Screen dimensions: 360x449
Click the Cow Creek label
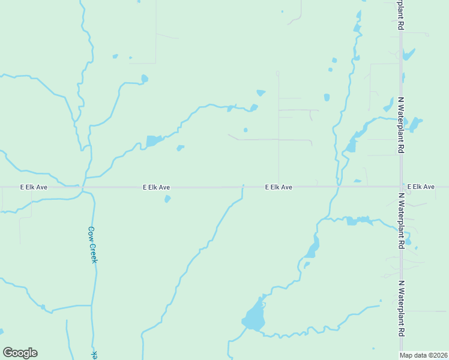(92, 244)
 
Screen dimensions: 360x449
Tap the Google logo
(20, 353)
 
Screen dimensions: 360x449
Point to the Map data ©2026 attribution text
(424, 355)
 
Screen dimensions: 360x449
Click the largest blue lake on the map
(255, 316)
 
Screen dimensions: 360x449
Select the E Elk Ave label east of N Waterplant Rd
(421, 187)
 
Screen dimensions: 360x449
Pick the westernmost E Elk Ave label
(34, 187)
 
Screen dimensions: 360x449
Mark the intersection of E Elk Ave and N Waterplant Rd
(400, 187)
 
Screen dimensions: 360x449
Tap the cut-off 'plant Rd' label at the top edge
(400, 15)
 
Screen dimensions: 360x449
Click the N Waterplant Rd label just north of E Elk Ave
(400, 125)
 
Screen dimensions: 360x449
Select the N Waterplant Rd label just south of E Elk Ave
(400, 221)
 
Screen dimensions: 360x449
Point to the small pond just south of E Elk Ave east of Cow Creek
(167, 199)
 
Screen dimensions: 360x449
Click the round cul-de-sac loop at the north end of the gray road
(277, 73)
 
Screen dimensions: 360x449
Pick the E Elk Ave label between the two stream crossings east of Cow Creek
(279, 187)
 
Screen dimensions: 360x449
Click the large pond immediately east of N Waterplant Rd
(414, 124)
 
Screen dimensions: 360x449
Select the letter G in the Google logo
(8, 353)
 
